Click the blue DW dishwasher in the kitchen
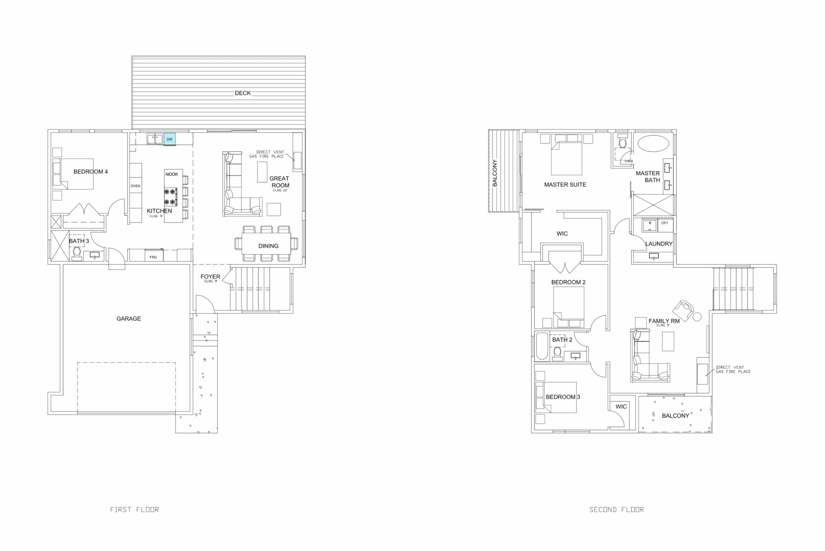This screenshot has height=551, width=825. coord(169,139)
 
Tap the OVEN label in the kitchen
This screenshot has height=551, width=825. coord(135,186)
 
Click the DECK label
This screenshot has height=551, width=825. coord(243,93)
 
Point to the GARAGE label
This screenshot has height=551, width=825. coord(129,319)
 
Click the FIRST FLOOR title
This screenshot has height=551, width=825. coord(134,509)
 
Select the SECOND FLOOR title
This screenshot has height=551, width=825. coord(616,509)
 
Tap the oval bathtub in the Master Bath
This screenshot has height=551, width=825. coord(653,143)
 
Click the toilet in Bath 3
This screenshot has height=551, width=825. coord(77,252)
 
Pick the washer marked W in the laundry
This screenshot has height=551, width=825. coord(649,225)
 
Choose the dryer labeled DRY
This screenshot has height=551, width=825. coord(665,225)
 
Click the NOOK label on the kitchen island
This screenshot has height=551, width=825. coord(172,174)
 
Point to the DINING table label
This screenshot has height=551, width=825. coord(268,246)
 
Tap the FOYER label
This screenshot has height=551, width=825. coord(210,277)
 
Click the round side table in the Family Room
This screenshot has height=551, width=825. coord(697,317)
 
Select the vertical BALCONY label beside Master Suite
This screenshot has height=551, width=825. coord(495,173)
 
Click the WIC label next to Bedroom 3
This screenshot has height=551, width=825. coord(621,407)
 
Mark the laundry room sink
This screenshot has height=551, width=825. coord(653,256)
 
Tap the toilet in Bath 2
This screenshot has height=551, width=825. coord(557,352)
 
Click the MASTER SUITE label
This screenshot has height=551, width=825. coord(565,185)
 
